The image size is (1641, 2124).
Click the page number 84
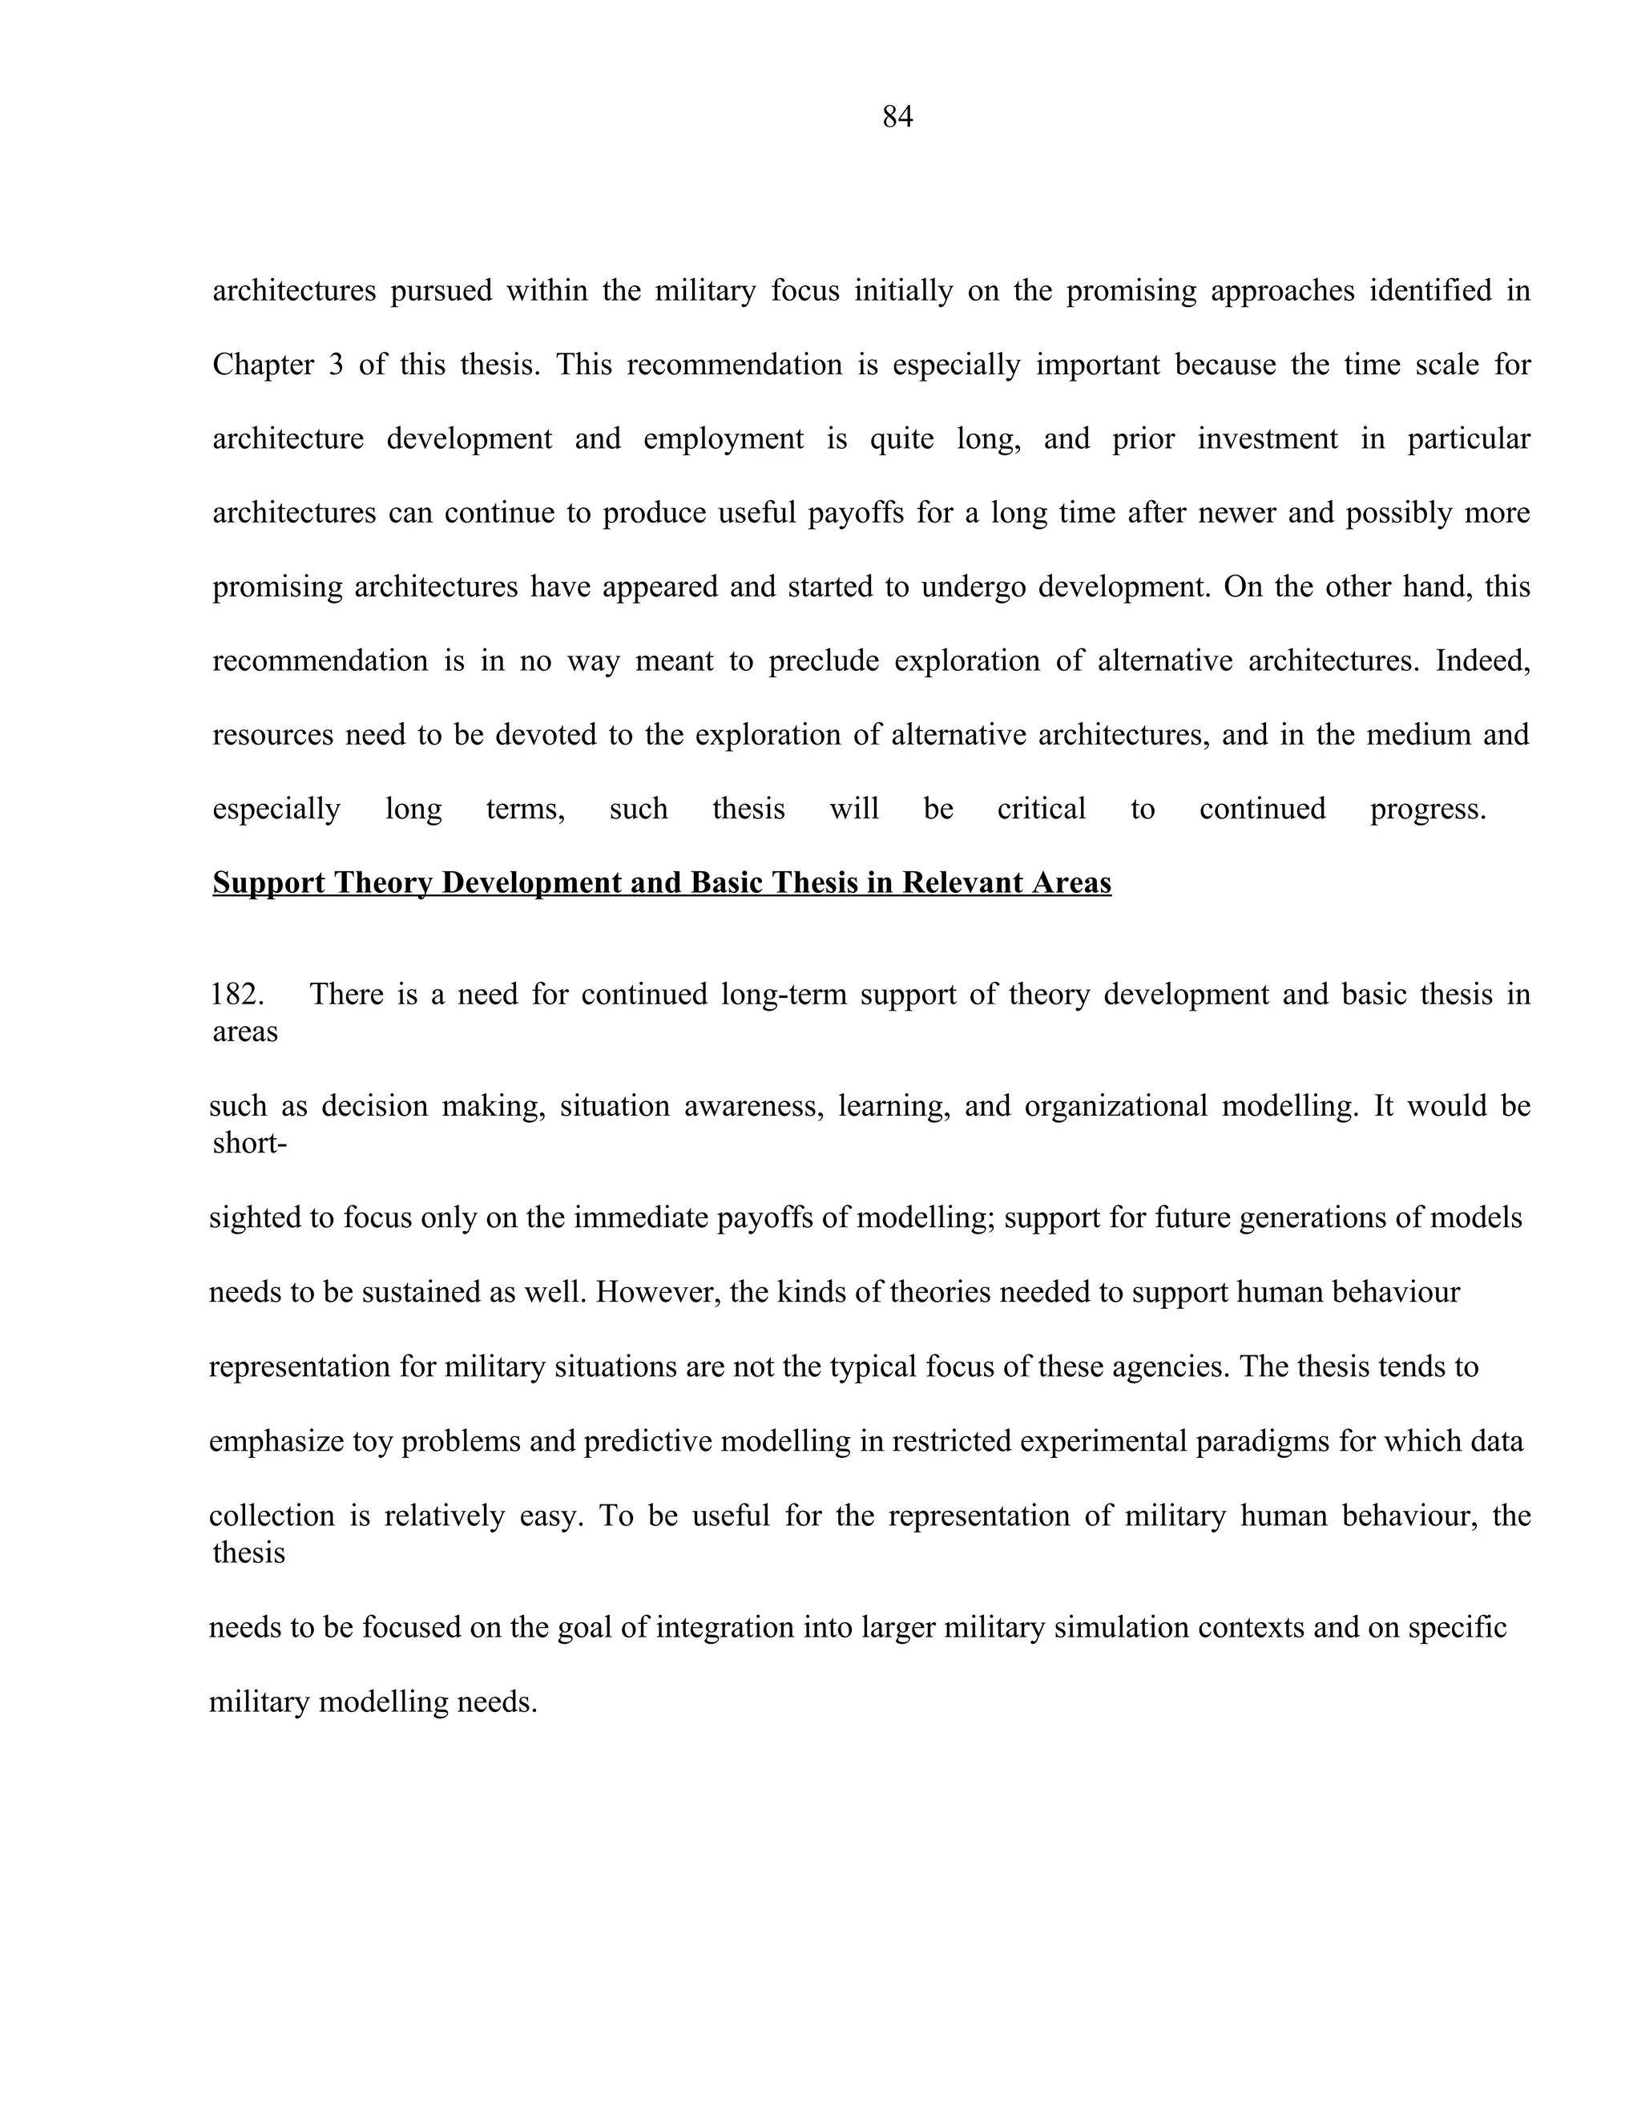[897, 117]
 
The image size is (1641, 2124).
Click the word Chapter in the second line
[264, 365]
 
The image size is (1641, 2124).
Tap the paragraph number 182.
[237, 994]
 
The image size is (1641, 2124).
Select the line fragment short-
[249, 1143]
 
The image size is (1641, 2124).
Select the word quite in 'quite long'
[901, 438]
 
